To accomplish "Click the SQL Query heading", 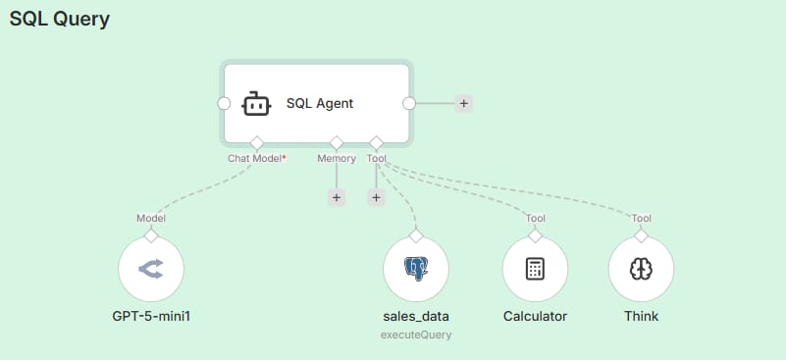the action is click(x=59, y=19).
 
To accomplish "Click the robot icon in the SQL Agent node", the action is click(x=255, y=103).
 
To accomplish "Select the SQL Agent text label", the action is click(x=320, y=103).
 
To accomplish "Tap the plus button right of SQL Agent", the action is click(x=463, y=103).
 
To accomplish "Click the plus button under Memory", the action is click(x=337, y=197).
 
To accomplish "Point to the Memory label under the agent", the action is click(x=337, y=157).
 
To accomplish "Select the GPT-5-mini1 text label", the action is click(x=151, y=317).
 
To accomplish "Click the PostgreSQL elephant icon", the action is click(x=416, y=268).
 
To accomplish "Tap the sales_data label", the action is click(x=416, y=317).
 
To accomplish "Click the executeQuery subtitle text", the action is click(x=416, y=335).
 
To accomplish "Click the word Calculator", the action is click(x=536, y=317).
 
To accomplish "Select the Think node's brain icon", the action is click(x=642, y=268).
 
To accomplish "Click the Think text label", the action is click(x=642, y=317).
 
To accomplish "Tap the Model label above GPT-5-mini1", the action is click(x=151, y=218).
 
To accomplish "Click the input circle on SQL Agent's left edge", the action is click(x=224, y=103).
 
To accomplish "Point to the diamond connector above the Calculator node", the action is click(x=536, y=235).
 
